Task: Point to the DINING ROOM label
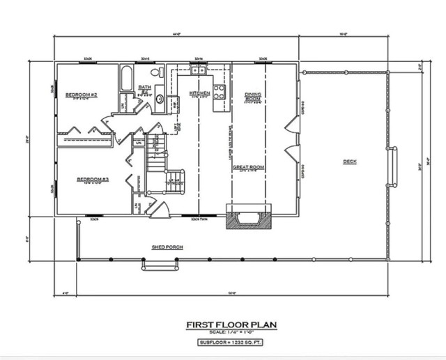[252, 96]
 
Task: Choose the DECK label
[349, 162]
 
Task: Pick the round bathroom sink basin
[159, 99]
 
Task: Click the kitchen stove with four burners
[219, 91]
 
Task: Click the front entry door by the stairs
[160, 209]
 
